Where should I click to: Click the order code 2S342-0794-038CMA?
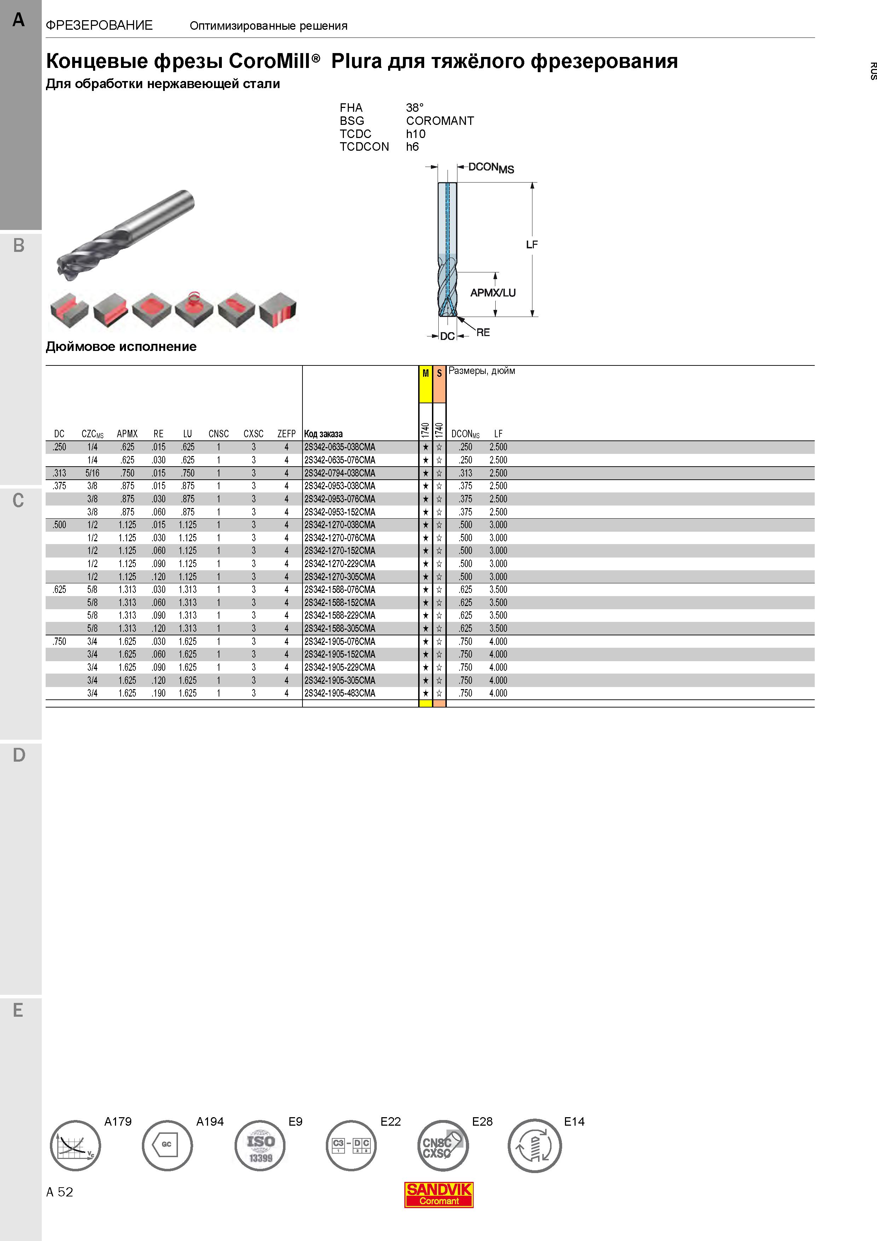point(339,473)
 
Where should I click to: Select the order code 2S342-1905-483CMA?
point(339,693)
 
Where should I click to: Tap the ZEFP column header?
point(287,433)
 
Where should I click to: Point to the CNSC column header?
point(218,433)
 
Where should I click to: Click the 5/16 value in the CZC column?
point(92,473)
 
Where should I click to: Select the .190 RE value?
point(158,693)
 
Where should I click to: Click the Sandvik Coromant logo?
point(439,1195)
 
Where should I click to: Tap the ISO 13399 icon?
point(260,1145)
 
